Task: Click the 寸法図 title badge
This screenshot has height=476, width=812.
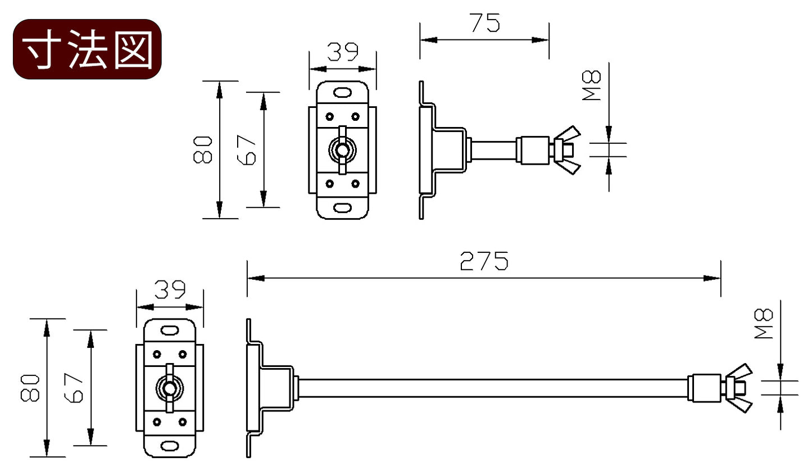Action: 87,49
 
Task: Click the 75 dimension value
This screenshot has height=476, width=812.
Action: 485,23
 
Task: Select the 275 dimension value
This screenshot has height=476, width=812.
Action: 484,261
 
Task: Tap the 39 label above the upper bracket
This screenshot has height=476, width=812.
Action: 343,52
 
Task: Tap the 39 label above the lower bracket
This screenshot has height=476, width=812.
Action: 170,290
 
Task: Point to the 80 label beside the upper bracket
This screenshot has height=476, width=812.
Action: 203,149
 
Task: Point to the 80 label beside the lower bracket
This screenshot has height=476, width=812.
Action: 30,388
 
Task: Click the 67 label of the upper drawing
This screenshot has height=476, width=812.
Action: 247,149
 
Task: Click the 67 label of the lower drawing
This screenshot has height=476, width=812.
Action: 74,388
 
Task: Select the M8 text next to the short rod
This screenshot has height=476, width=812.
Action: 592,85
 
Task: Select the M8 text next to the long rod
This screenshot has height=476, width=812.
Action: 764,324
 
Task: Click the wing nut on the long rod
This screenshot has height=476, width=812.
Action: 738,388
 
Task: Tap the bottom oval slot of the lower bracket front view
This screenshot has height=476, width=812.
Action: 170,446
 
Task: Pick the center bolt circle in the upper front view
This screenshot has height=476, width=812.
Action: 342,150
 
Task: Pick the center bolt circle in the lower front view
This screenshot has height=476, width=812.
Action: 170,388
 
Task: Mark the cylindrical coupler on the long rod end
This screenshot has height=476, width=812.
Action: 704,388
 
